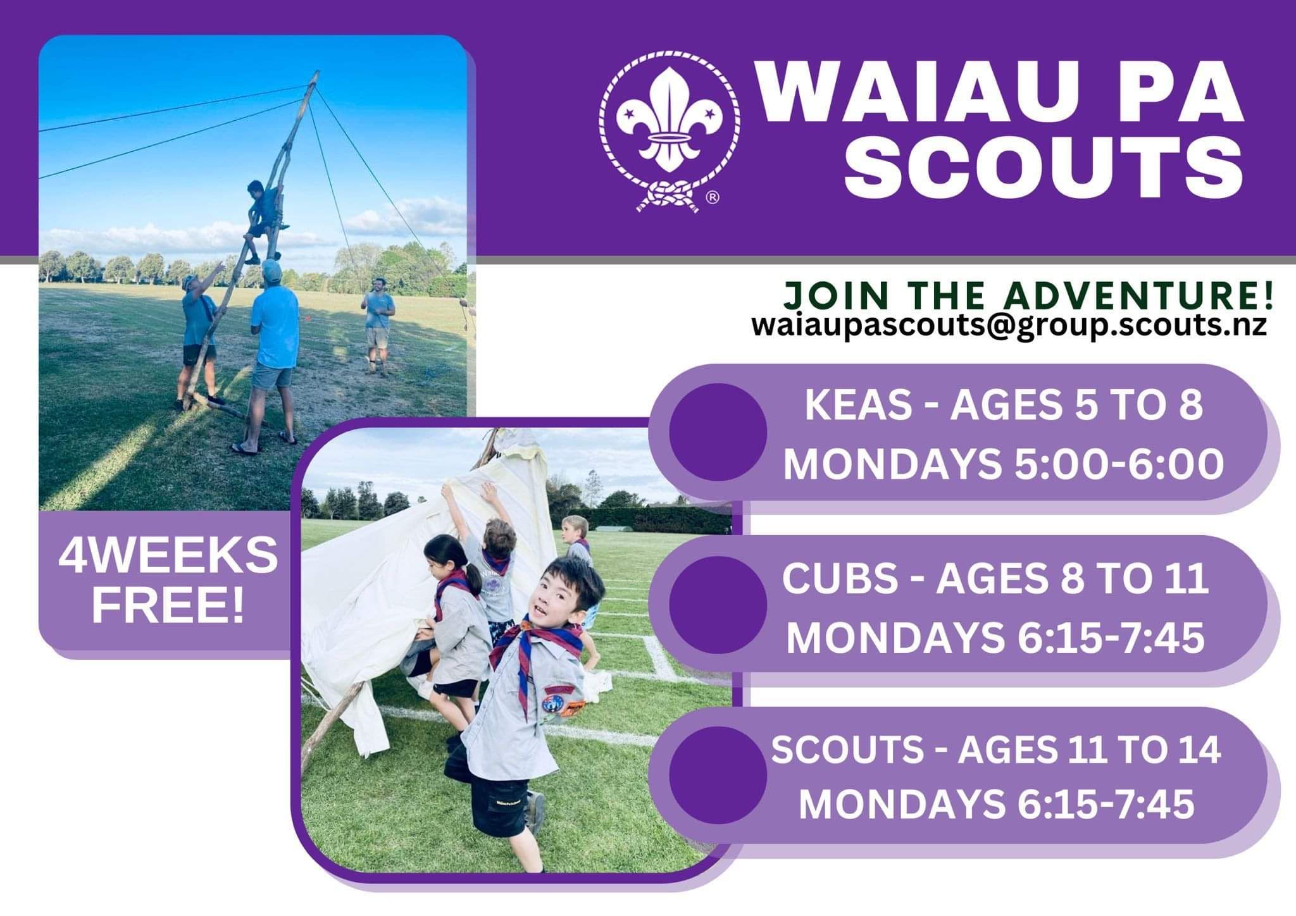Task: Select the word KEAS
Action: pyautogui.click(x=857, y=405)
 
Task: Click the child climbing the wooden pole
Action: pyautogui.click(x=264, y=221)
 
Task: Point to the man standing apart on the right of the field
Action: pyautogui.click(x=378, y=326)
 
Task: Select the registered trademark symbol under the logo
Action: pyautogui.click(x=713, y=198)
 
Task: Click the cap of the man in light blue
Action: pyautogui.click(x=271, y=270)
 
